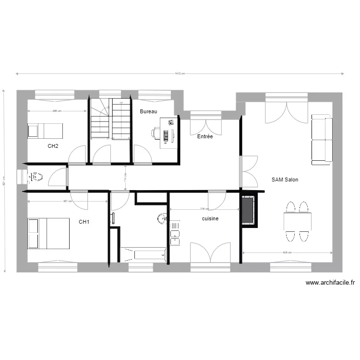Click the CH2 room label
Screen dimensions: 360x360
pos(53,146)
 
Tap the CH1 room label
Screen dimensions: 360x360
pos(84,222)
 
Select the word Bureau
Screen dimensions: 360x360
pos(149,111)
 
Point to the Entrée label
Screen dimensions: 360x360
pos(205,137)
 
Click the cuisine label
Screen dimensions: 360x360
pos(210,218)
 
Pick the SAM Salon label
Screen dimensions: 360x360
pos(285,180)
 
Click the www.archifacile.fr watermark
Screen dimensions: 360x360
pos(330,283)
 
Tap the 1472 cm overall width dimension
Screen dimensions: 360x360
pos(180,74)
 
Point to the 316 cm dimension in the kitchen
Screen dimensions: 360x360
pos(204,209)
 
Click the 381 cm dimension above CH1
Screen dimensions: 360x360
pos(67,201)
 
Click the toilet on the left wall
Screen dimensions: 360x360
pos(36,177)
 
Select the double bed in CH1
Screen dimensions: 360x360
pos(48,233)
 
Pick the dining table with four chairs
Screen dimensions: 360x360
pos(297,222)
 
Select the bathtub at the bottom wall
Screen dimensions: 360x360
pos(143,253)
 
